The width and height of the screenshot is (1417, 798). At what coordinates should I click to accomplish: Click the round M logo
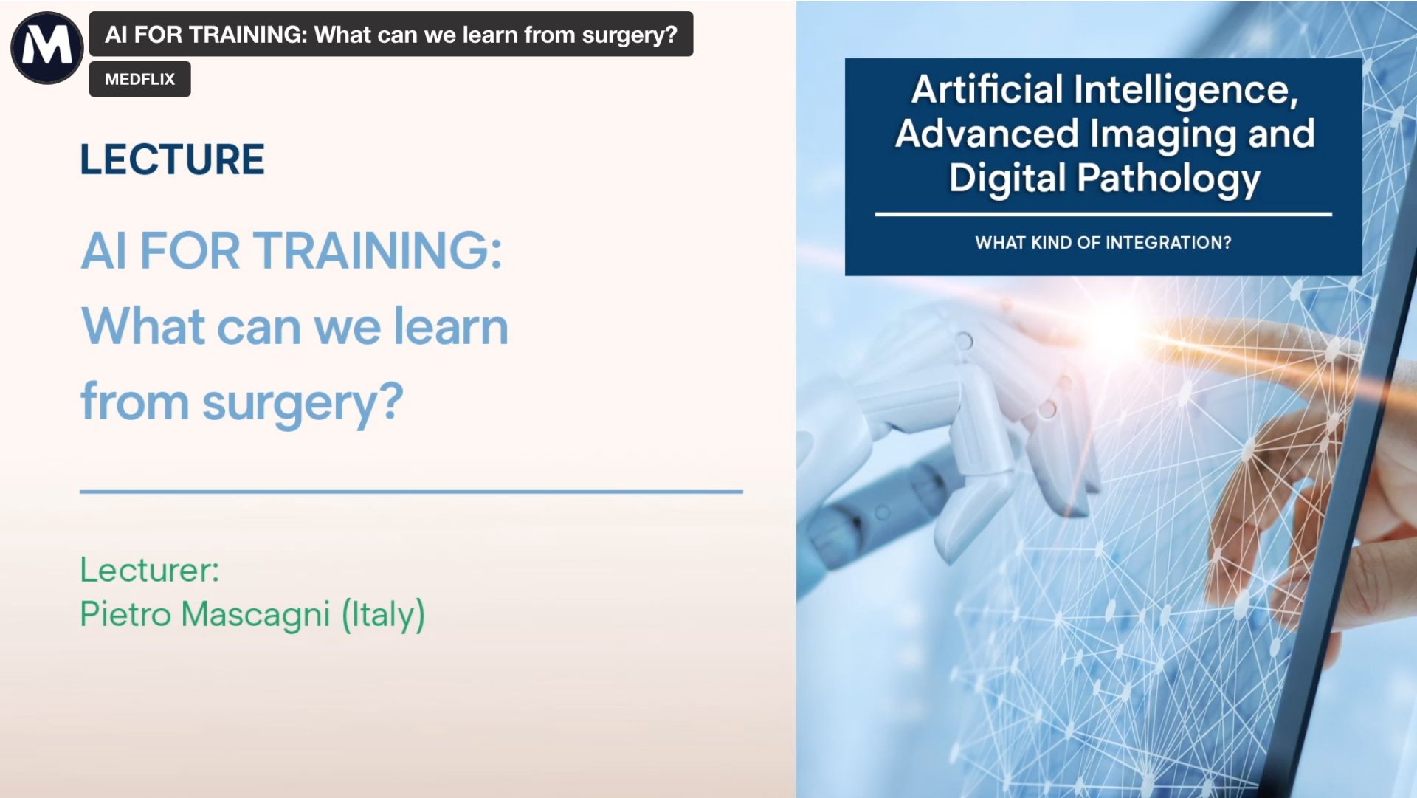(46, 47)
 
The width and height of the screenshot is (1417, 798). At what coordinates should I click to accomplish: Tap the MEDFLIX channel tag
(139, 79)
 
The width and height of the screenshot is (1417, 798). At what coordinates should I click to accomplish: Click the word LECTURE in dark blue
(172, 159)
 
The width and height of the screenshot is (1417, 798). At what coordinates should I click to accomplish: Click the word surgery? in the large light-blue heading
(303, 403)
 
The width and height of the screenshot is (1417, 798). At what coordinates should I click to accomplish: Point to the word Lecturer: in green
(149, 570)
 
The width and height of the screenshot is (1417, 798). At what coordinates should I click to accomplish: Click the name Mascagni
(255, 614)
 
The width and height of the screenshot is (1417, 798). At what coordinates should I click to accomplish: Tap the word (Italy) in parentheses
(383, 614)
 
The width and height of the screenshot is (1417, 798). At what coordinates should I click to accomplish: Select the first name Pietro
(125, 614)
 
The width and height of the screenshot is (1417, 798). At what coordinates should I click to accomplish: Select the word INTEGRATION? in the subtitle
(1168, 243)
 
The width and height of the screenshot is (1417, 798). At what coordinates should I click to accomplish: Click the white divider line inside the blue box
(1103, 214)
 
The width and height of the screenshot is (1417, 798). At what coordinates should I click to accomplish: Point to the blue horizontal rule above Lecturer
(411, 491)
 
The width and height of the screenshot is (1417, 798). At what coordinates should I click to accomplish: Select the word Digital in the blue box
(1007, 178)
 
